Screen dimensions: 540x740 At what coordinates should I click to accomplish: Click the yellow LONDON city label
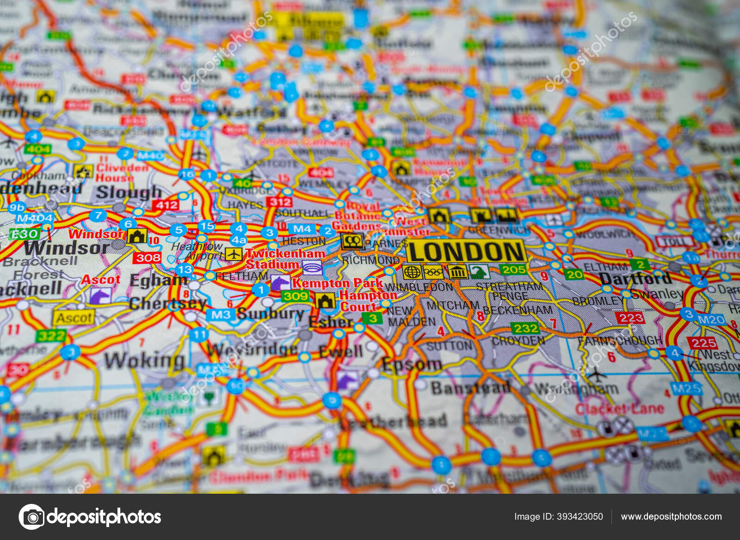(467, 252)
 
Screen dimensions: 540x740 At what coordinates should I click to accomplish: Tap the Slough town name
(129, 192)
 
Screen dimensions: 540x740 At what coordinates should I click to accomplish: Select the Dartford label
(635, 279)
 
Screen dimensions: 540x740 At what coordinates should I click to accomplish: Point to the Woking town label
(144, 360)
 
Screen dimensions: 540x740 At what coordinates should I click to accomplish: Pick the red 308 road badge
(147, 258)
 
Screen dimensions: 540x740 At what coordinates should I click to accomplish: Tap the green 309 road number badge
(295, 296)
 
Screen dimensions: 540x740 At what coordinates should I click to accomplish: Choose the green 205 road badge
(513, 269)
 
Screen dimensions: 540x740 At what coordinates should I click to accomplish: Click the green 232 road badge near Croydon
(526, 328)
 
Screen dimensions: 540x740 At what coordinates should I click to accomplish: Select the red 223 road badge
(631, 318)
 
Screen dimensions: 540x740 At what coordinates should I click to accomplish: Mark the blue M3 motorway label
(221, 315)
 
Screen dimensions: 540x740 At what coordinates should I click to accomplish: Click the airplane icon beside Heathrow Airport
(234, 254)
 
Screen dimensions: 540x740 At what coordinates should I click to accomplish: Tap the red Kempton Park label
(337, 283)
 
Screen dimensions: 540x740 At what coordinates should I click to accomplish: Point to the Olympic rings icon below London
(433, 272)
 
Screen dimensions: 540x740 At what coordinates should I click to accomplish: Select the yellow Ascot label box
(74, 318)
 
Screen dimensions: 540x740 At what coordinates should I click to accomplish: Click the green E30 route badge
(24, 234)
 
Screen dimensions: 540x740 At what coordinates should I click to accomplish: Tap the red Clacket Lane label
(619, 409)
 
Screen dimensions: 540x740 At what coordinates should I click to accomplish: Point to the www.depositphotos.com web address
(671, 516)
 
